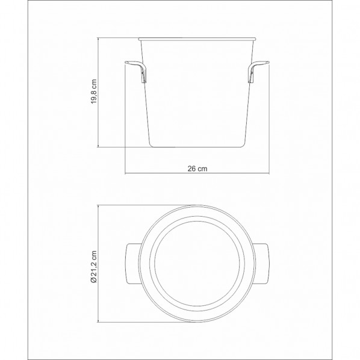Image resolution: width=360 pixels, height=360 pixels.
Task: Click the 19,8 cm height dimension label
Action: (x=94, y=92)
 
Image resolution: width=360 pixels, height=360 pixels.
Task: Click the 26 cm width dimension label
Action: (x=197, y=169)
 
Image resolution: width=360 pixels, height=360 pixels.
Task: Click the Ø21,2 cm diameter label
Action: (x=94, y=266)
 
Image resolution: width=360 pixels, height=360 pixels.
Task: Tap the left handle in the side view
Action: (x=136, y=71)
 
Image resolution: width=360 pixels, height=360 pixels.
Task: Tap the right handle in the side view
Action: (x=258, y=71)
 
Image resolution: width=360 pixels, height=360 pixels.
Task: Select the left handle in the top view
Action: (x=132, y=263)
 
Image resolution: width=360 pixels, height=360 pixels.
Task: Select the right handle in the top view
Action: (x=261, y=263)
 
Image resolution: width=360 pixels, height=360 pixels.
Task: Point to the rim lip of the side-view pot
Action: (x=197, y=39)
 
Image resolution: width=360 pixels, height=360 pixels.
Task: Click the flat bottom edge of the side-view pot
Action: (x=197, y=147)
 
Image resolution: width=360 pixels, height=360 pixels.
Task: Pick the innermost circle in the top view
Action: (x=197, y=222)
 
